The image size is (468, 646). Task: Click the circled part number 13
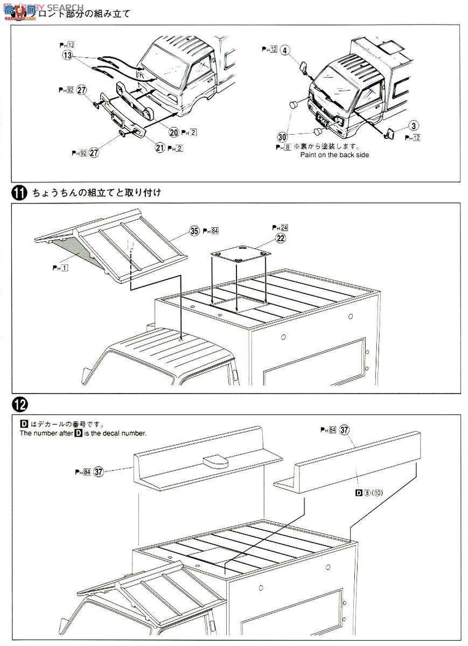point(67,55)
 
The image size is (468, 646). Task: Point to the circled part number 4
point(285,50)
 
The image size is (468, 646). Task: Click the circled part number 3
point(414,126)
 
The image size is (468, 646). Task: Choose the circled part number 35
point(194,230)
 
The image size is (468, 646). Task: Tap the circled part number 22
point(280,237)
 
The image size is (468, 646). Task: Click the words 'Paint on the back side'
point(334,155)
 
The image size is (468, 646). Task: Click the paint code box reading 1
point(64,268)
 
